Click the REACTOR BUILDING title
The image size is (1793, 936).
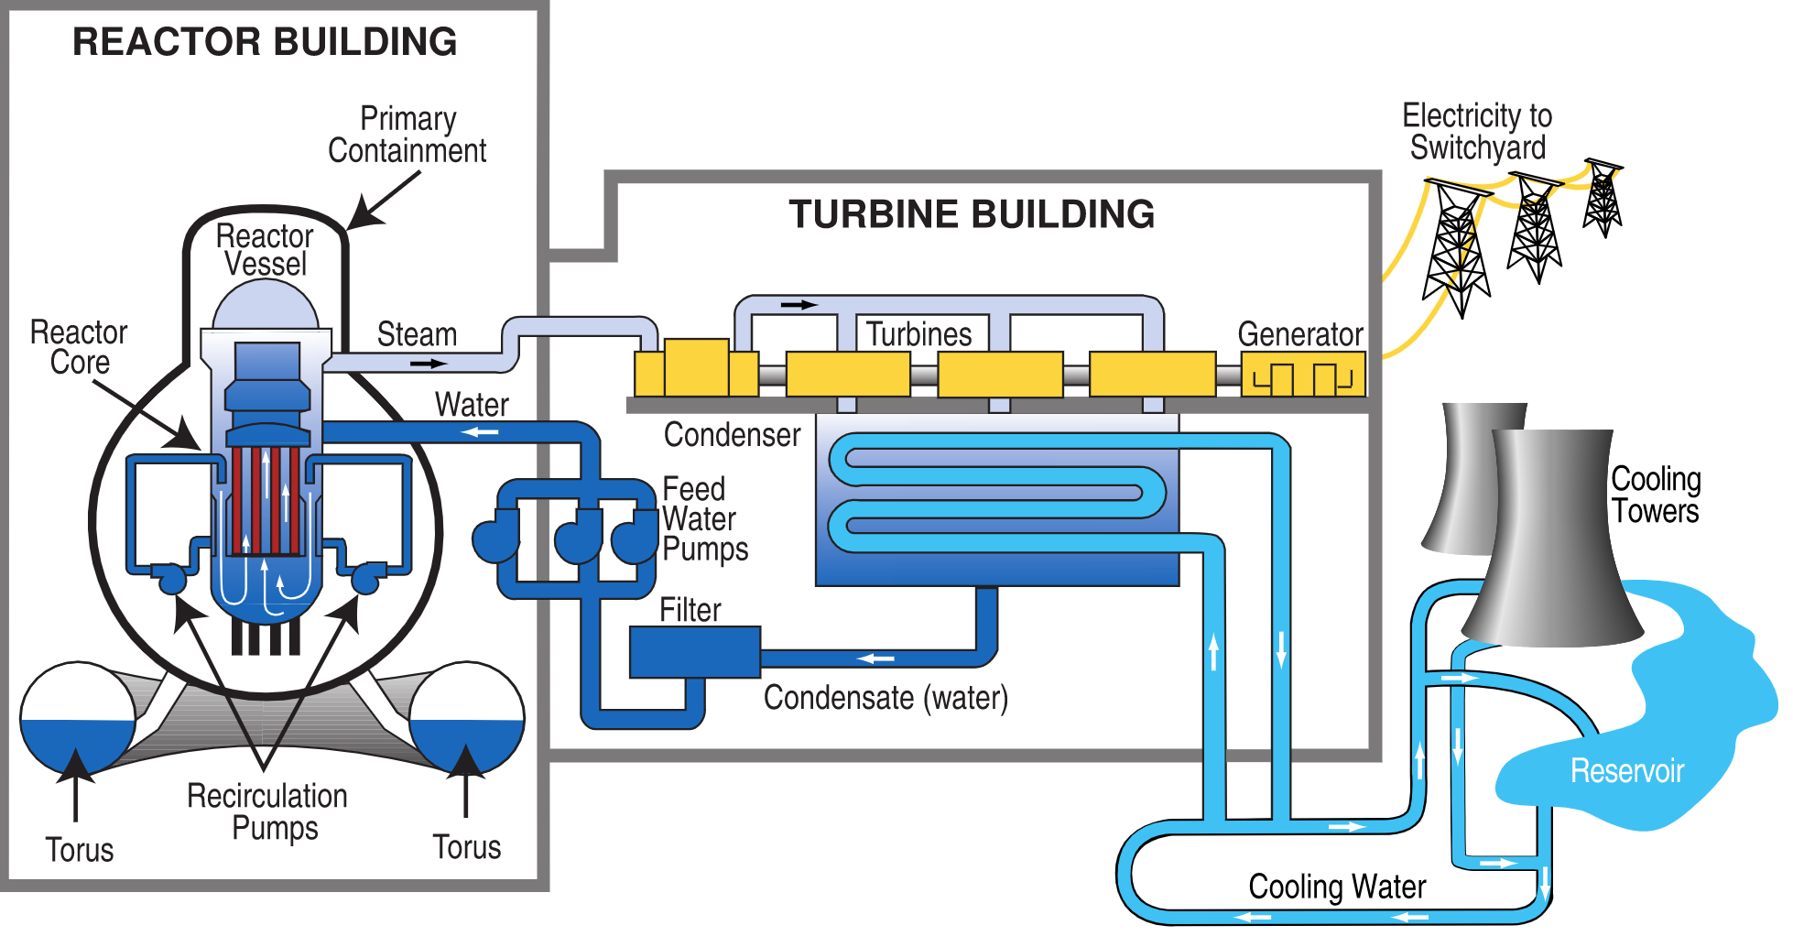click(265, 42)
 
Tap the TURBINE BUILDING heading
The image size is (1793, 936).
click(972, 214)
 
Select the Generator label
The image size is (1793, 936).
click(1300, 334)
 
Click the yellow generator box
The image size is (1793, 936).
click(1303, 375)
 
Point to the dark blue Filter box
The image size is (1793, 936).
click(695, 652)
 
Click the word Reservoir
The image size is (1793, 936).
click(1627, 771)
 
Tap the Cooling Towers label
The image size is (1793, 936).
click(1656, 495)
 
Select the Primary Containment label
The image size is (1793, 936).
click(407, 135)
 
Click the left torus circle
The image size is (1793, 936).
click(78, 718)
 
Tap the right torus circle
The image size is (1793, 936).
click(467, 718)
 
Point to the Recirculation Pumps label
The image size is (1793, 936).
click(267, 811)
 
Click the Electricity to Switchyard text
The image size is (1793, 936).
click(1477, 132)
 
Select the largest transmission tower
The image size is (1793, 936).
click(1457, 247)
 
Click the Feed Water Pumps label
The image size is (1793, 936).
click(705, 519)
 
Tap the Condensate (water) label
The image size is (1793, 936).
click(886, 698)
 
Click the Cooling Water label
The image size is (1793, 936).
click(1337, 887)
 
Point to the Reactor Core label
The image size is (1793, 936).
click(79, 347)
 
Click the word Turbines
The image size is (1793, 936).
click(919, 334)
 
